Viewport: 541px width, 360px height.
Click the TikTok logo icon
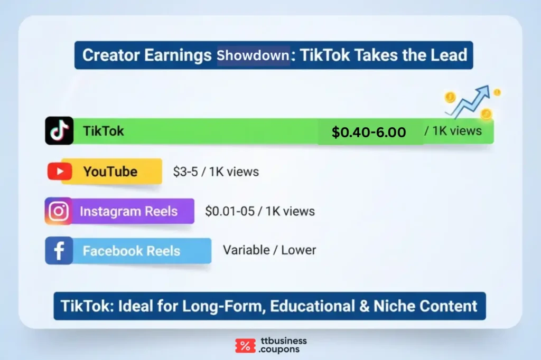click(59, 130)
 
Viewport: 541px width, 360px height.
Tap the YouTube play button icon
click(59, 172)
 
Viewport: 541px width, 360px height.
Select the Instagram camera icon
click(58, 211)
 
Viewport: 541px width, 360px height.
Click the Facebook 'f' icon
click(59, 251)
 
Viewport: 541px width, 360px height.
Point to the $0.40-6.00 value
click(369, 132)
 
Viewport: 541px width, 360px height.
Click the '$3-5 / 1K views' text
click(216, 172)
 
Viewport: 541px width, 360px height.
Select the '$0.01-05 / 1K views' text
click(259, 211)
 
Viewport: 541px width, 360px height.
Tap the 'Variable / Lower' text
click(269, 250)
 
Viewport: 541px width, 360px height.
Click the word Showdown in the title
click(253, 55)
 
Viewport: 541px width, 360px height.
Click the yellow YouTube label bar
click(111, 172)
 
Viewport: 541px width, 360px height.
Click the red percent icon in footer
click(245, 346)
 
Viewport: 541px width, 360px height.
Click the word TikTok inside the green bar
click(103, 130)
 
